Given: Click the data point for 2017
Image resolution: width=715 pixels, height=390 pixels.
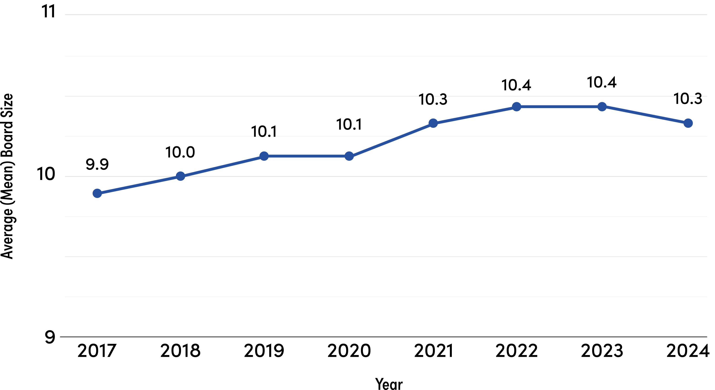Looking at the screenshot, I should [97, 193].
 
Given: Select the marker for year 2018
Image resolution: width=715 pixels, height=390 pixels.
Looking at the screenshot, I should [181, 176].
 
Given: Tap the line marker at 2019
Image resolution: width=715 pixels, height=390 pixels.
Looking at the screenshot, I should [264, 156].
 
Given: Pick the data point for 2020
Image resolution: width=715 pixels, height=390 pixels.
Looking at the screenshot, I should [349, 156].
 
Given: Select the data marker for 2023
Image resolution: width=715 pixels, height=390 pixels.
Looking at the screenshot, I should [602, 107].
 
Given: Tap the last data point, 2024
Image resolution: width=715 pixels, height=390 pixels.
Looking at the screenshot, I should [688, 123].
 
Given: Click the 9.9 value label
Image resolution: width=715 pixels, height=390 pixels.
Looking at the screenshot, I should [97, 165].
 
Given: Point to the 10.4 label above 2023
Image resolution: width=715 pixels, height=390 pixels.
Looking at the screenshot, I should [602, 82].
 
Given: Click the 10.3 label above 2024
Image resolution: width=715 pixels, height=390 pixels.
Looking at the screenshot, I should [688, 99].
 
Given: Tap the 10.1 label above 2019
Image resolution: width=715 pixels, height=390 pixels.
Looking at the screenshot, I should [264, 131].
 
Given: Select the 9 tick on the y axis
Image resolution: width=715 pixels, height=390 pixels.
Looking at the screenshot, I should [50, 337].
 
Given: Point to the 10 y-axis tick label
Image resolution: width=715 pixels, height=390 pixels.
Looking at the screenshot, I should [46, 174].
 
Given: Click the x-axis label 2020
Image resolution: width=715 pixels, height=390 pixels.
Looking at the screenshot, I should [349, 351].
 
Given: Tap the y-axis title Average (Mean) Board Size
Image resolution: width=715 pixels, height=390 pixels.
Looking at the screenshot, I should [7, 176].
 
